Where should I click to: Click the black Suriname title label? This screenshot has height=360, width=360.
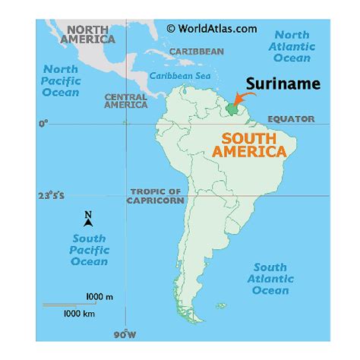pyautogui.click(x=283, y=84)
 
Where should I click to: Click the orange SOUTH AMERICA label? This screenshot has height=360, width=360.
pyautogui.click(x=254, y=145)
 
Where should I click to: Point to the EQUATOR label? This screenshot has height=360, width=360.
pyautogui.click(x=292, y=119)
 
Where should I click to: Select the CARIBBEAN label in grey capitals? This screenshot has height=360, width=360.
pyautogui.click(x=196, y=51)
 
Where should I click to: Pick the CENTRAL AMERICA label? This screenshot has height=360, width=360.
pyautogui.click(x=125, y=101)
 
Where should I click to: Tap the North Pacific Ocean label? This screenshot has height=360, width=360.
pyautogui.click(x=60, y=81)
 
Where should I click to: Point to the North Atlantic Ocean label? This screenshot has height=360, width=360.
pyautogui.click(x=292, y=46)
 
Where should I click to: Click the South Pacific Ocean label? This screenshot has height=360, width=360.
pyautogui.click(x=89, y=250)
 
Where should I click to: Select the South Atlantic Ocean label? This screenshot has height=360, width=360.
pyautogui.click(x=270, y=279)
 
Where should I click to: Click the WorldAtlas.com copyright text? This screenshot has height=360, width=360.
pyautogui.click(x=211, y=28)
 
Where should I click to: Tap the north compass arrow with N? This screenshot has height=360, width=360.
pyautogui.click(x=88, y=219)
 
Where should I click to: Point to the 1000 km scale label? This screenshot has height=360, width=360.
pyautogui.click(x=78, y=312)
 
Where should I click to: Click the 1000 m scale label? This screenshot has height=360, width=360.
pyautogui.click(x=99, y=295)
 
